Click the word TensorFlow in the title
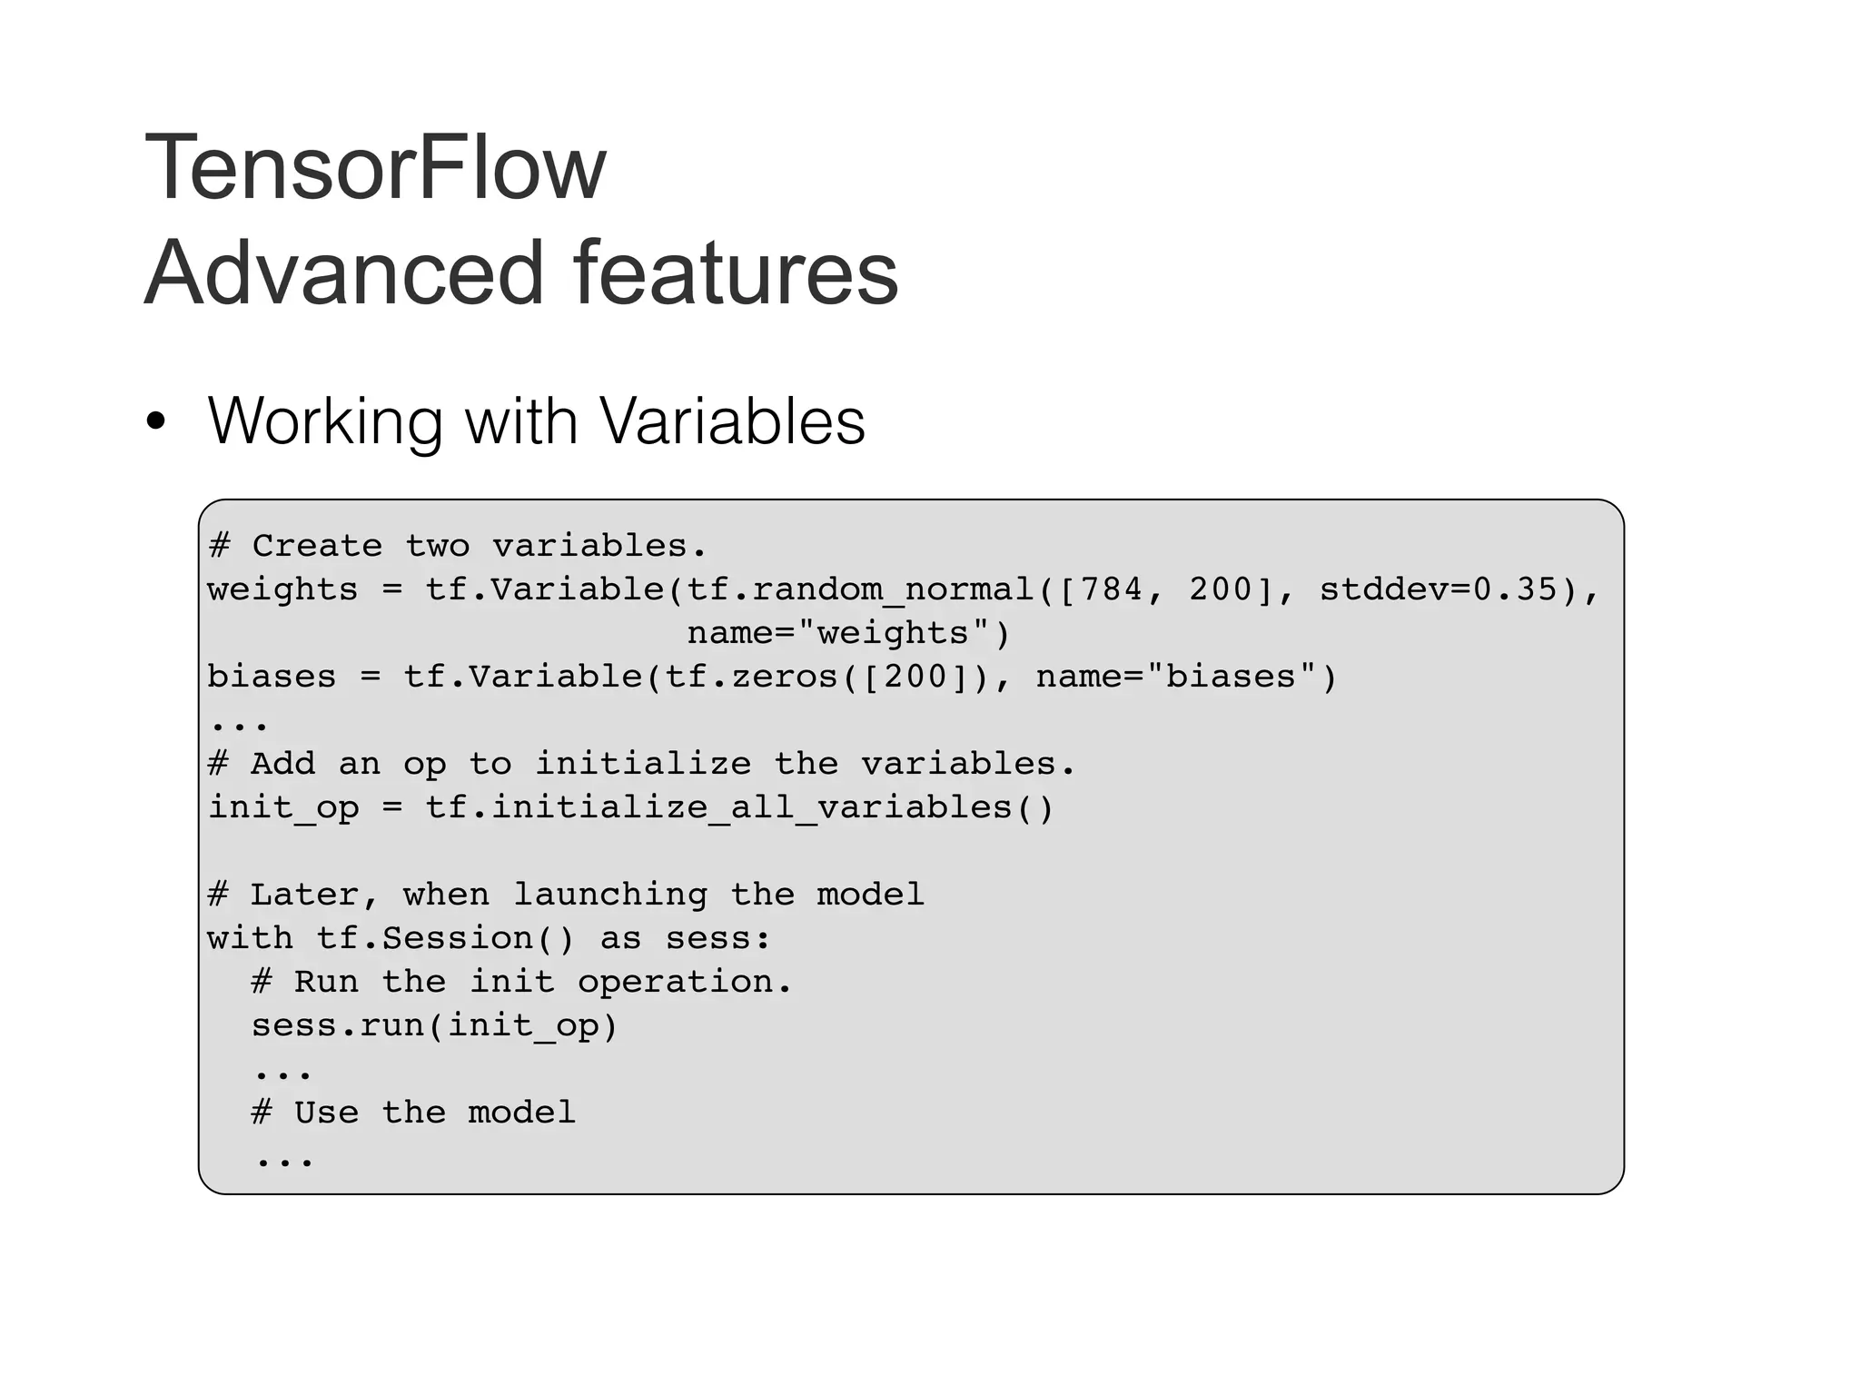pos(375,168)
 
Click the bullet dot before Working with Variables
pos(156,421)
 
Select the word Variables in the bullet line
pos(732,421)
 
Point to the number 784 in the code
pos(1112,589)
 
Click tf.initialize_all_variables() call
pos(739,807)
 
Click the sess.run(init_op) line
pos(434,1025)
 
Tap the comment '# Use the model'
pos(413,1113)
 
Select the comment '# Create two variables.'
pos(457,546)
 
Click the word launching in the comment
pos(609,895)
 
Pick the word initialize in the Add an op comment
pos(642,764)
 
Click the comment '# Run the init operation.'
pos(521,982)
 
